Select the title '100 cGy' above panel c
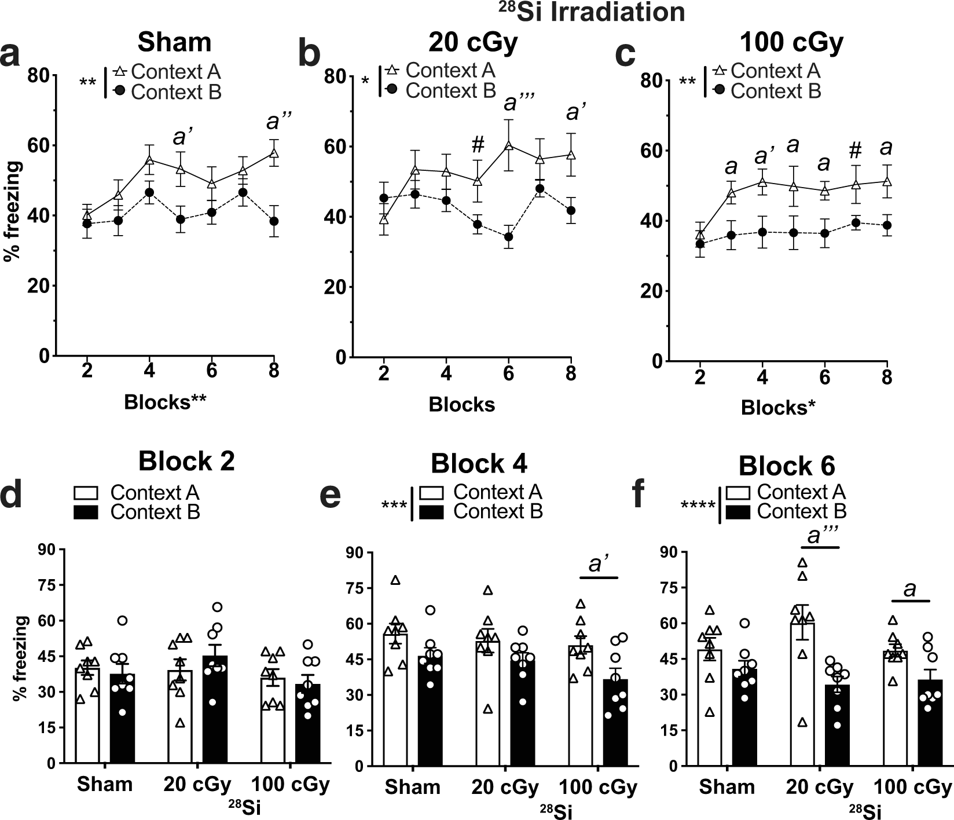791,43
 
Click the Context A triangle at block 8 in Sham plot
274,153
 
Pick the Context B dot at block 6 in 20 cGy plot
509,236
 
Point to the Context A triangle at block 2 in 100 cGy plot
700,235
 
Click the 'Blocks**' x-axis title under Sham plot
165,402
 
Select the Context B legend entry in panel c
775,91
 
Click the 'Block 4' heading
479,464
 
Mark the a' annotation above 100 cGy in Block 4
599,564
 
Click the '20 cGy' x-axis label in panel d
197,785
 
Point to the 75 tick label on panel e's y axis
354,588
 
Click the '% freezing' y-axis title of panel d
20,660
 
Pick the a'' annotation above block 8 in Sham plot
278,122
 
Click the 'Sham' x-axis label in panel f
726,787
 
